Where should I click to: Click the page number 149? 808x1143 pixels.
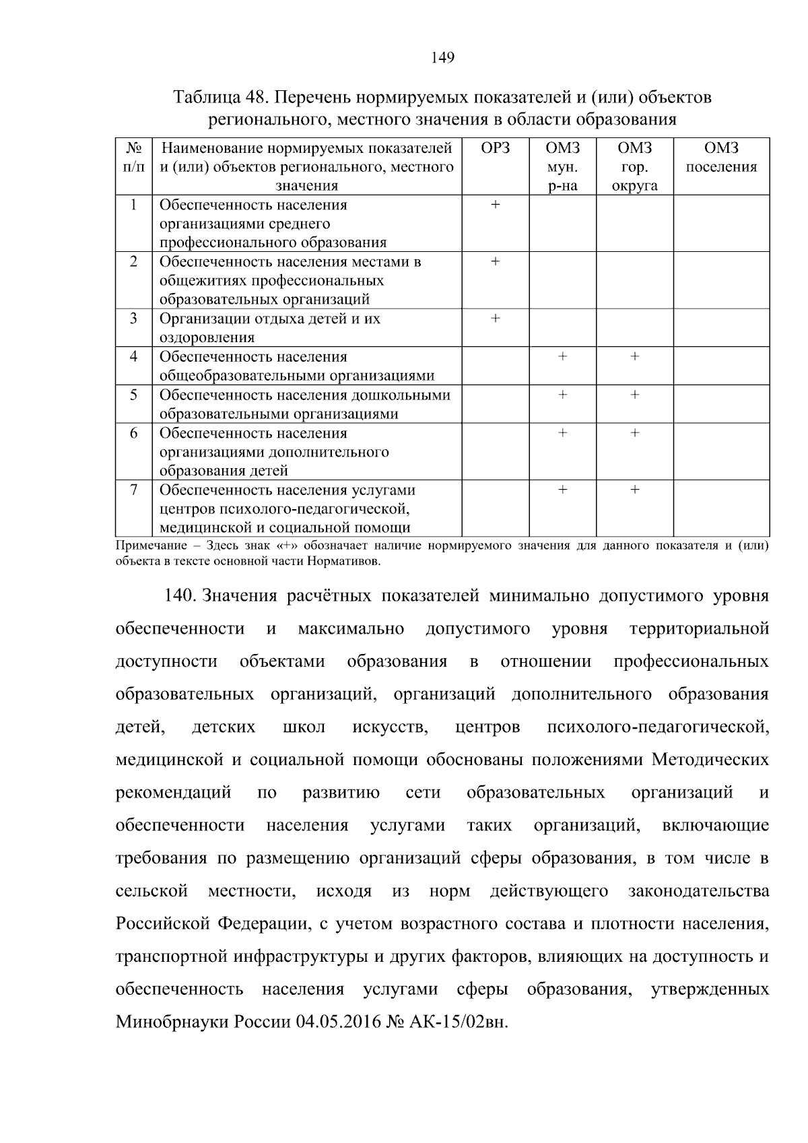tap(442, 58)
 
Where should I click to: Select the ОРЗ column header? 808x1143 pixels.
tap(496, 148)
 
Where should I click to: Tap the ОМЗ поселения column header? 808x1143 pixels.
tap(721, 158)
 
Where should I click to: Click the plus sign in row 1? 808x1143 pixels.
tap(496, 205)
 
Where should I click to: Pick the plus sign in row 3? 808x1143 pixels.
tap(496, 319)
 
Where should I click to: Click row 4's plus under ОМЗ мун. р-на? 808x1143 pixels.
tap(562, 357)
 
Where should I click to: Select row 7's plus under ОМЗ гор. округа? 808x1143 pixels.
tap(634, 490)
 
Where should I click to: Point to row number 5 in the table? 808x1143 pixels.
tap(133, 395)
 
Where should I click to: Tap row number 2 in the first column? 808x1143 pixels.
tap(133, 261)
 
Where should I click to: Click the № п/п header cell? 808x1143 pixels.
tap(133, 157)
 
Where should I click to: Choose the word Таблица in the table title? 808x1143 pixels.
tap(207, 98)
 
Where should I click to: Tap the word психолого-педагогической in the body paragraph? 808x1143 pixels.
tap(658, 727)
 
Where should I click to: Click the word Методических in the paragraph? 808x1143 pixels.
tap(710, 760)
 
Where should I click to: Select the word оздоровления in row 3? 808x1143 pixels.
tap(207, 337)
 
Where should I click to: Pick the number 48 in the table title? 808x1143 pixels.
tap(256, 98)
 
